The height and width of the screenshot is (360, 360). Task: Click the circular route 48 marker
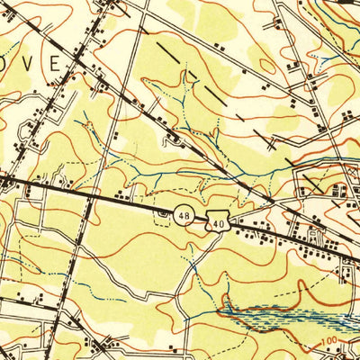[184, 216]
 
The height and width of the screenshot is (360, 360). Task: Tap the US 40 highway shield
[217, 221]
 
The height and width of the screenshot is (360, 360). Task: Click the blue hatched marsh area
[288, 317]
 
